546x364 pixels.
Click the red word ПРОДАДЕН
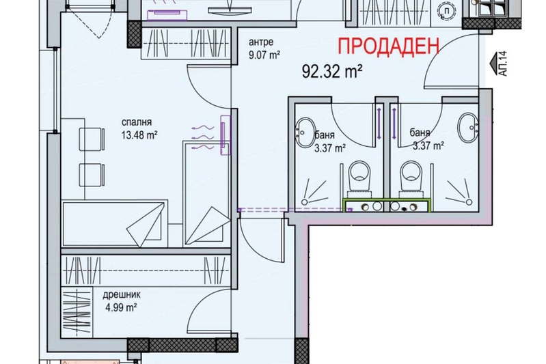coord(388,46)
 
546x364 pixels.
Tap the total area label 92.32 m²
coord(332,72)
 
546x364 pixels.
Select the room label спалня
coord(137,122)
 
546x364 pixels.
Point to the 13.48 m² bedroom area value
coord(139,135)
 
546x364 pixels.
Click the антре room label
coord(261,42)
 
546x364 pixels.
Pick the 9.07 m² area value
coord(264,55)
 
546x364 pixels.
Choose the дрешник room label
coord(122,295)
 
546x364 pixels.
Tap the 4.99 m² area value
coord(121,307)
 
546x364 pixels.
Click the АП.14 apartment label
coord(503,64)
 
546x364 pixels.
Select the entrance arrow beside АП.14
coord(493,64)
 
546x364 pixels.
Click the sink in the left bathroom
coord(305,132)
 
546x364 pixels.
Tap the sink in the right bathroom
coord(468,127)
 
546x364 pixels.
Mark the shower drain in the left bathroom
coord(305,202)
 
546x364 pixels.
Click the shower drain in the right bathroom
coord(469,202)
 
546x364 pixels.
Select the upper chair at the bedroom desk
coord(92,139)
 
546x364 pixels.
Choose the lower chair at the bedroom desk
coord(92,175)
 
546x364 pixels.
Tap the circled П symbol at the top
coord(447,11)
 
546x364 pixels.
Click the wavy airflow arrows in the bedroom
coord(202,138)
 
